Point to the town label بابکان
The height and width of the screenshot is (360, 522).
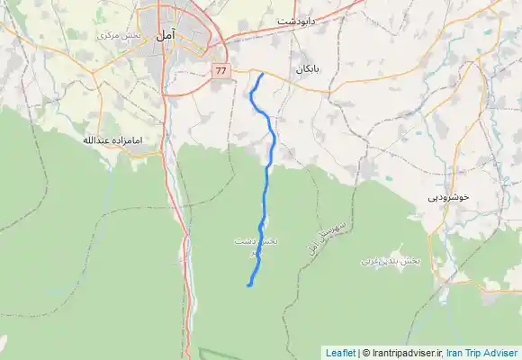coord(306,68)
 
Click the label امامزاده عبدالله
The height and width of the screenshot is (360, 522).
coord(114,140)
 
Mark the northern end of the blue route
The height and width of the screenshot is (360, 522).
coord(261,75)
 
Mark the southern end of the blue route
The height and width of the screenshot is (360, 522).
coord(247,285)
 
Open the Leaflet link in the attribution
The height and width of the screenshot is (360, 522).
coord(340,353)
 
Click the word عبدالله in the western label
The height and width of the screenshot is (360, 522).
coord(98,140)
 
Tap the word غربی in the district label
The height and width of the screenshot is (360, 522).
coord(372,260)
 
